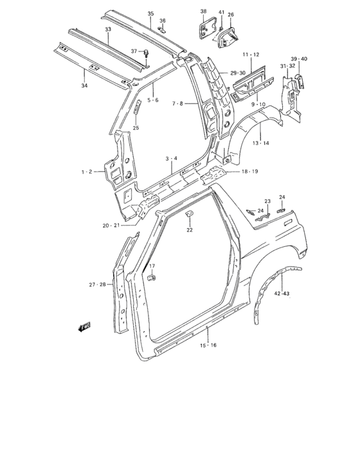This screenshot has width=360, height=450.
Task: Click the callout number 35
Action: point(150,14)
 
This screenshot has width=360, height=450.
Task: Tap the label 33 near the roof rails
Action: point(108,30)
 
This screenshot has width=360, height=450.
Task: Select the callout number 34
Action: point(83,85)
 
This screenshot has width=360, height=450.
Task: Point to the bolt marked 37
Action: point(146,53)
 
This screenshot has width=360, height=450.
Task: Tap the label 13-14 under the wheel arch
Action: point(260,142)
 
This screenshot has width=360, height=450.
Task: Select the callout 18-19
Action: point(250,172)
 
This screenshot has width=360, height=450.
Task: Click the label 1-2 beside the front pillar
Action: point(87,171)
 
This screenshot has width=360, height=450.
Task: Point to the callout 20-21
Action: point(111,225)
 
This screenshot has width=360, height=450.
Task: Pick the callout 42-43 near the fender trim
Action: point(282,294)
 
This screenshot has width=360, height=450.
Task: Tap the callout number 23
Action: point(267,201)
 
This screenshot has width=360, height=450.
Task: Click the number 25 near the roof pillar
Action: point(136,128)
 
